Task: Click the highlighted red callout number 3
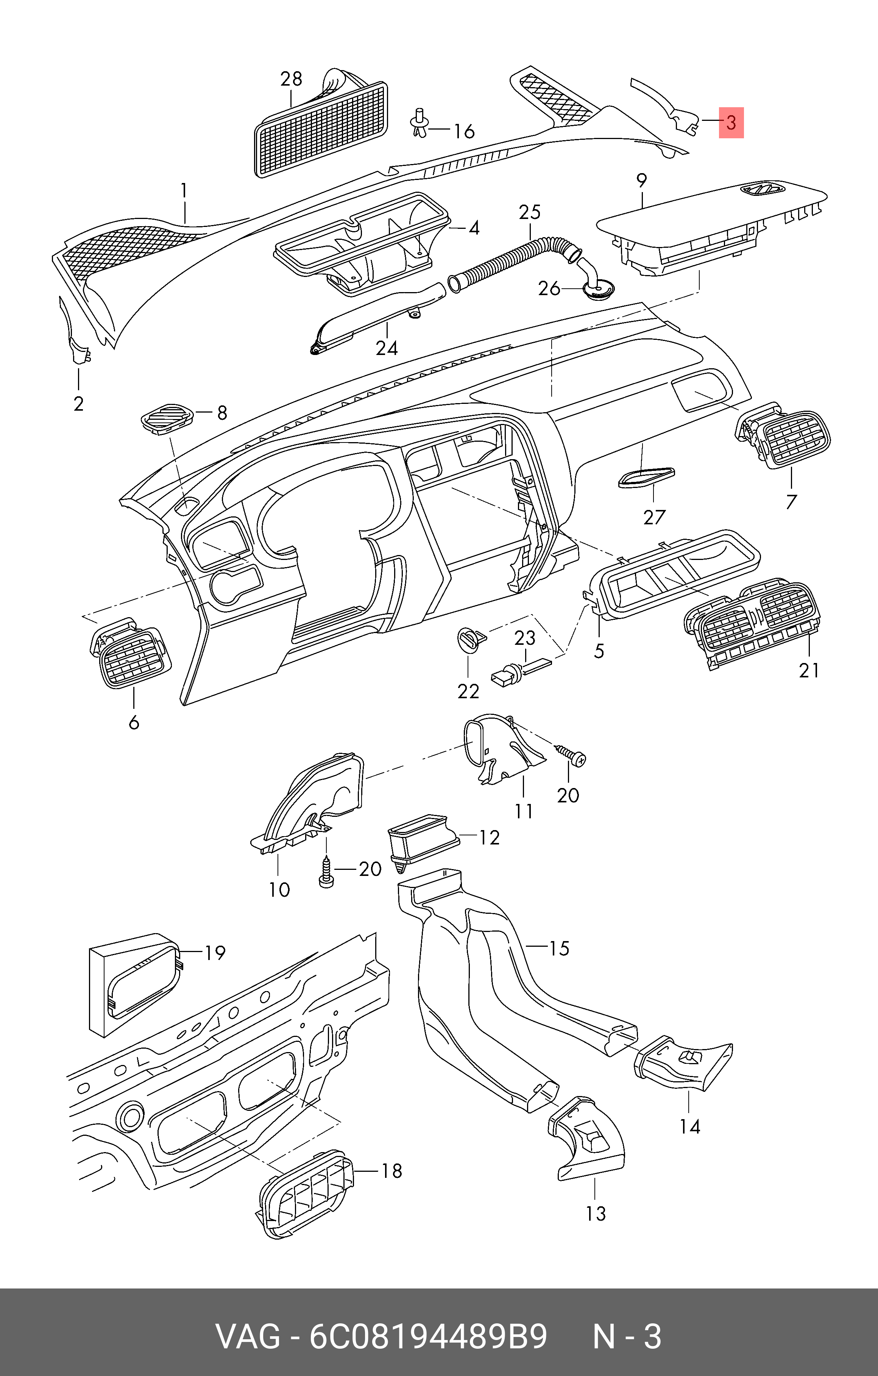731,122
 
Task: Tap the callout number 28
291,78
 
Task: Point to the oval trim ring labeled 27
646,477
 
